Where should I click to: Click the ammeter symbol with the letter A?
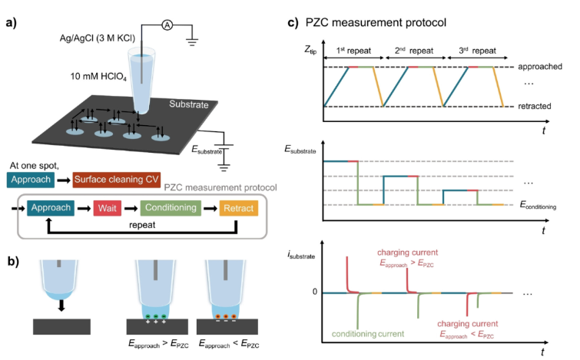pyautogui.click(x=166, y=25)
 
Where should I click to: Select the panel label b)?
pyautogui.click(x=12, y=259)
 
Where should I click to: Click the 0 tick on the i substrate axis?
pyautogui.click(x=313, y=292)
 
